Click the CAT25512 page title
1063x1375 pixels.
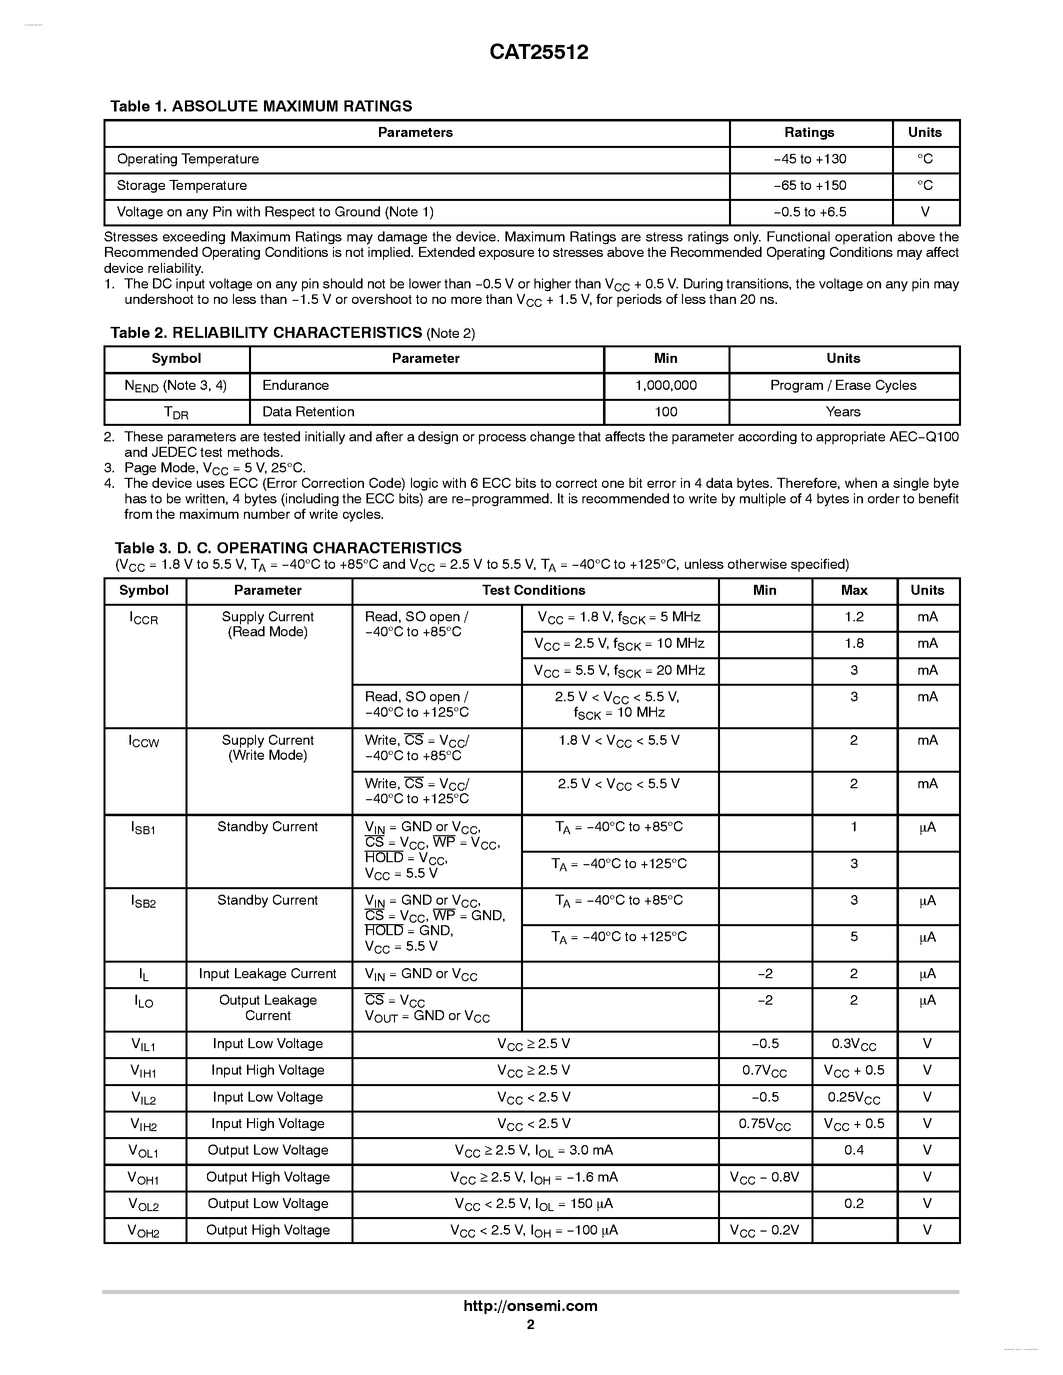538,51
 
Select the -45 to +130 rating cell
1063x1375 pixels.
810,159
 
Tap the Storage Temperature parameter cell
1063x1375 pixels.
181,186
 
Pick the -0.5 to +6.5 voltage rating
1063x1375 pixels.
810,212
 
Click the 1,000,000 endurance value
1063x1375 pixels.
665,385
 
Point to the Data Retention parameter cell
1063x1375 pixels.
308,412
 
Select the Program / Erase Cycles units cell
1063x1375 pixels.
843,385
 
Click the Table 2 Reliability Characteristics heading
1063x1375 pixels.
292,333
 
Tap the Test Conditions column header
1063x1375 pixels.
533,591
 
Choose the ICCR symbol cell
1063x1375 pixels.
143,618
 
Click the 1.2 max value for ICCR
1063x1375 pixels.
854,617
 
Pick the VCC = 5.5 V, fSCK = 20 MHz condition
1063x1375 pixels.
619,671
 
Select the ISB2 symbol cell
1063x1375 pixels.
143,902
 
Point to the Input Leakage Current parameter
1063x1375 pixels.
267,974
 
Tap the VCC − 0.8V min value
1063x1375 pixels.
764,1177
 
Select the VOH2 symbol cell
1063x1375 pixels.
143,1231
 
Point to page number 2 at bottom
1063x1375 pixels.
530,1325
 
